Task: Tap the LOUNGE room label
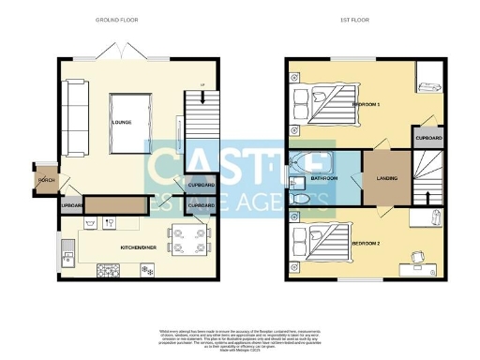click(x=121, y=123)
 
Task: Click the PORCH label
click(x=43, y=179)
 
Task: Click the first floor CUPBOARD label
click(x=427, y=138)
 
